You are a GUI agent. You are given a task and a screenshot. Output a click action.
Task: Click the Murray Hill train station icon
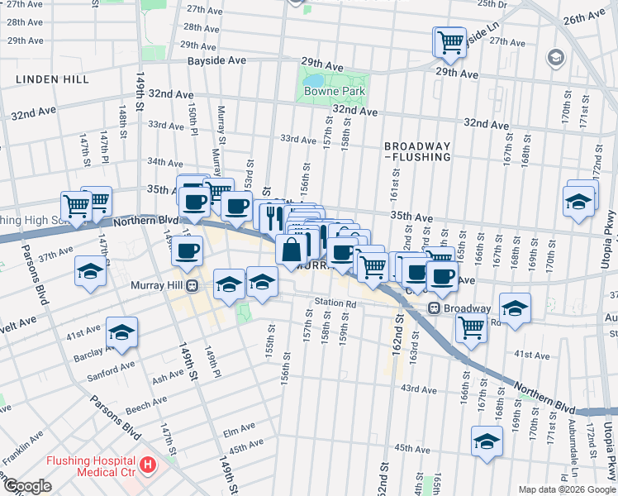click(x=192, y=285)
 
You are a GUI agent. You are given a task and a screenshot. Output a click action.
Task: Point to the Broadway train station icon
click(x=433, y=308)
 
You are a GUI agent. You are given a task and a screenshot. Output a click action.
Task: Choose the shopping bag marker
click(x=292, y=250)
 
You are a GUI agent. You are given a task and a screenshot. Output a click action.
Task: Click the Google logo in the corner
click(x=27, y=486)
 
